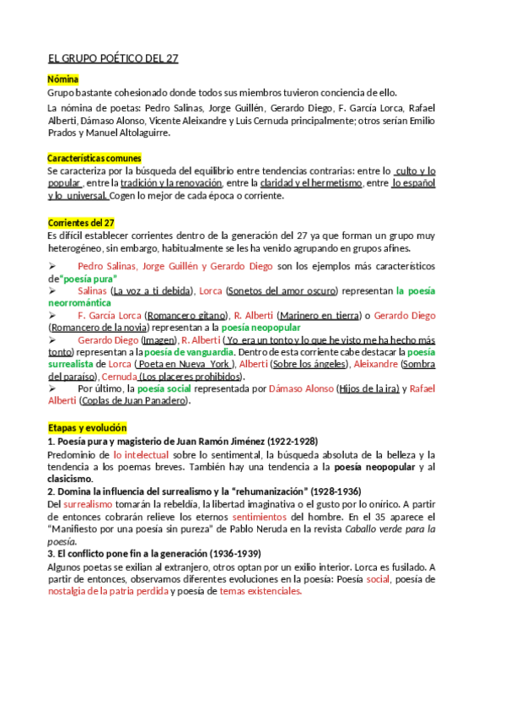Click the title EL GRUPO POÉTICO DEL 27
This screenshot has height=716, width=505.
113,58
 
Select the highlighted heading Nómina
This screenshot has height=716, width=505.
63,79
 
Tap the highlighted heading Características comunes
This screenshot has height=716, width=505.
94,158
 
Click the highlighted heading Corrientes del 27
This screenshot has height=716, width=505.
81,223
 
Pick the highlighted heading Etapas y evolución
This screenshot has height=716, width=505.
86,428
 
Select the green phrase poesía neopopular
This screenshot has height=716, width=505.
261,327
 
